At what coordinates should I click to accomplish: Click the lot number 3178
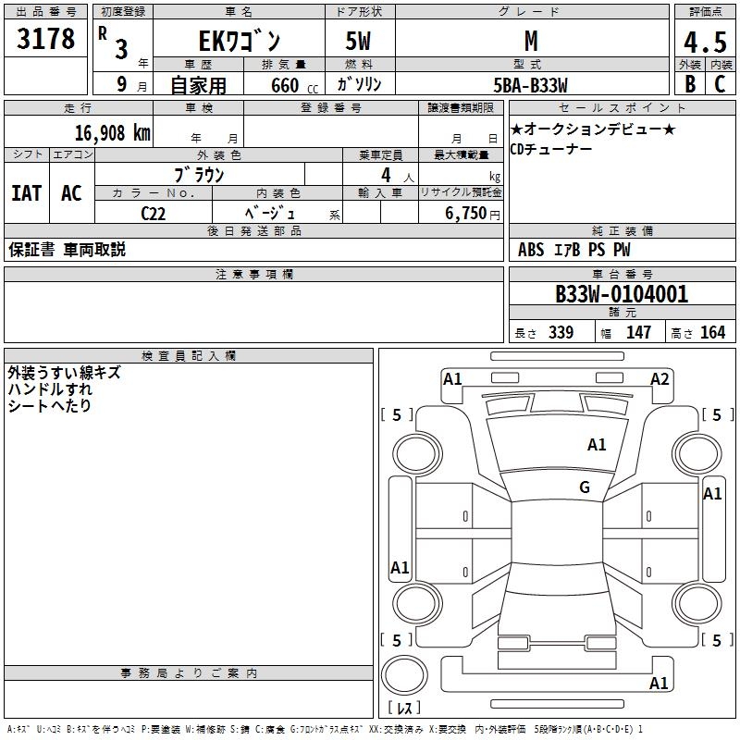pos(46,41)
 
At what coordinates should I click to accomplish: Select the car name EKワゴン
pos(238,43)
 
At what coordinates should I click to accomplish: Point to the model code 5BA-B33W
pos(532,84)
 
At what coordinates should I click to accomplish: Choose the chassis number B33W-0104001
pos(622,295)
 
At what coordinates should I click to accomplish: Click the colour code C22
pos(154,212)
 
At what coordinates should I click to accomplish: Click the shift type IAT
pos(26,192)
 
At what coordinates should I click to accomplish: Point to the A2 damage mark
pos(660,378)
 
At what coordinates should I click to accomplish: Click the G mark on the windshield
pos(585,487)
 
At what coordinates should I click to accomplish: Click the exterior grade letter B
pos(690,84)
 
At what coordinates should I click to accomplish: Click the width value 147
pos(638,333)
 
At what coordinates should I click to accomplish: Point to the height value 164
pos(712,333)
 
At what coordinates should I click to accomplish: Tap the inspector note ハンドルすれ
pos(50,389)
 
